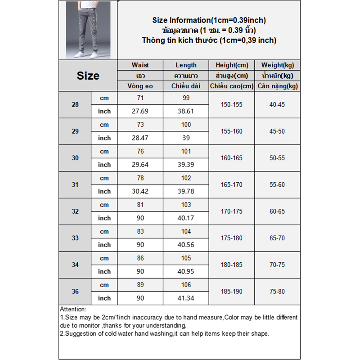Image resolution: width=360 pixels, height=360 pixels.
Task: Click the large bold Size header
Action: point(88,76)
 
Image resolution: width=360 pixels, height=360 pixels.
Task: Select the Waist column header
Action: point(140,65)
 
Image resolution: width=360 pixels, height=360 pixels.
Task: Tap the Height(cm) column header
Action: point(232,65)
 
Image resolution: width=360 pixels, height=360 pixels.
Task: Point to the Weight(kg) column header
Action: point(277,65)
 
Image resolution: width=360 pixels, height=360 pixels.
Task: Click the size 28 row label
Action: point(75,104)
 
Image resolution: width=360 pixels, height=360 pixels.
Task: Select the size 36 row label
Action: point(75,292)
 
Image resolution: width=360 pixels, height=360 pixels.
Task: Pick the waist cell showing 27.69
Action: point(140,111)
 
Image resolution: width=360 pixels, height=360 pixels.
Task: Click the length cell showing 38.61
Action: point(186,111)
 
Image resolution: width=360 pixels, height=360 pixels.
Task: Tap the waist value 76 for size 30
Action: point(140,151)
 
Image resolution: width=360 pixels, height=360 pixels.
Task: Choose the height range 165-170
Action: point(232,184)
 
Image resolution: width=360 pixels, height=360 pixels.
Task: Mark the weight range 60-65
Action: point(277,211)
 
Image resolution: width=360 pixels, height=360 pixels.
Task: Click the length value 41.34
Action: point(186,298)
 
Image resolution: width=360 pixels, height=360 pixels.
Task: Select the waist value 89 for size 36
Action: point(140,285)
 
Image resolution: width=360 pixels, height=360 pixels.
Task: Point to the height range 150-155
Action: point(232,104)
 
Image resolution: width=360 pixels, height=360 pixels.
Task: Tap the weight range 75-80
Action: point(277,292)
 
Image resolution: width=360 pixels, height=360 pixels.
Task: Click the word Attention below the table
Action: point(73,310)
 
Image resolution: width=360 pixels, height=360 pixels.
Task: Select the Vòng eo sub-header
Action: point(140,86)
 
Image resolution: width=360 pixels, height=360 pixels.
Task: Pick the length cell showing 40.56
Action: point(186,245)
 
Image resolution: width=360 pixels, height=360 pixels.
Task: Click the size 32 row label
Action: point(75,211)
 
